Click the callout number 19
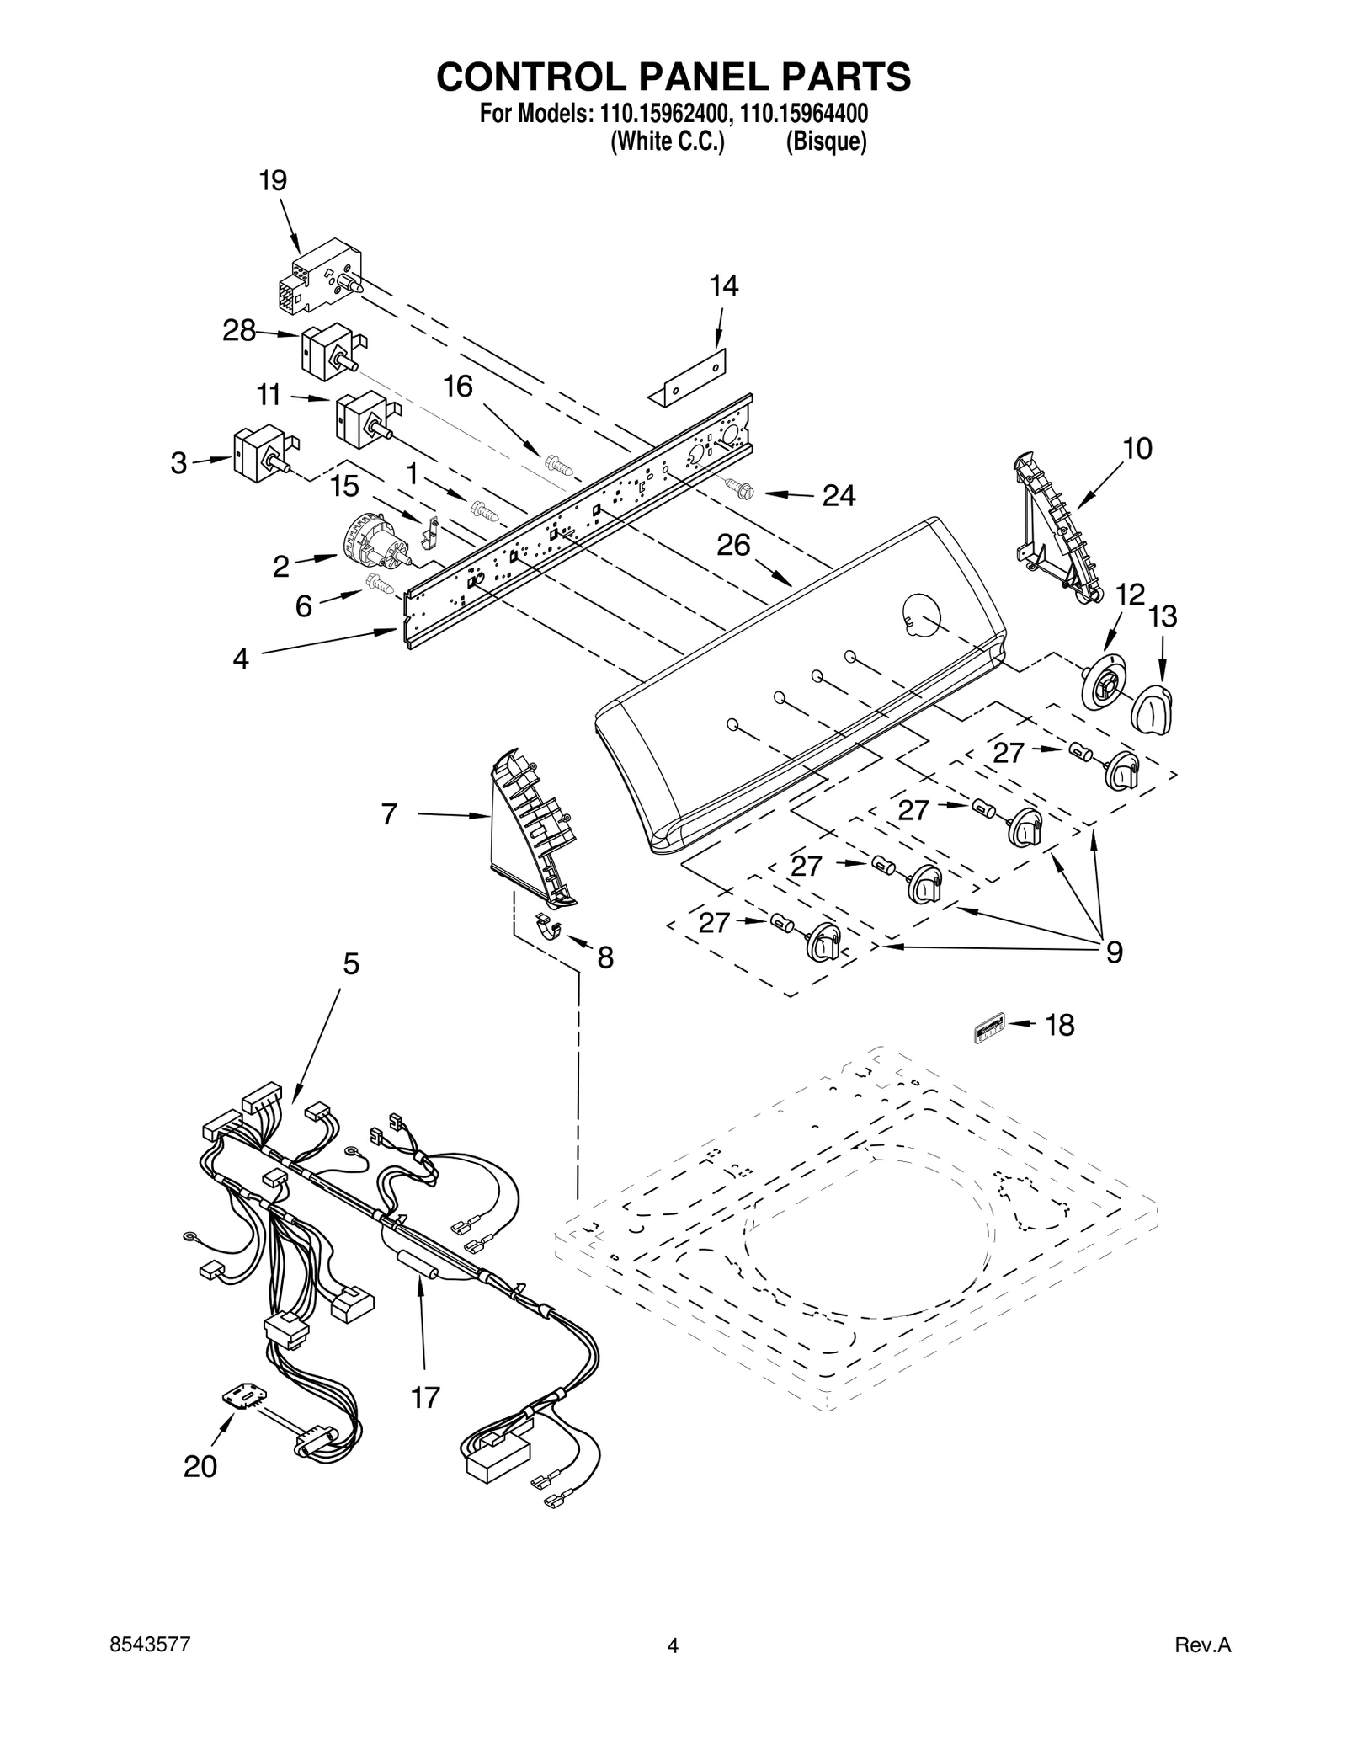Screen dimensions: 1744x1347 click(273, 180)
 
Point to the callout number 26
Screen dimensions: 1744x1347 click(732, 546)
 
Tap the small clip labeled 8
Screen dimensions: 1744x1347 click(549, 925)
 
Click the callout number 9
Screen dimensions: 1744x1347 click(1113, 952)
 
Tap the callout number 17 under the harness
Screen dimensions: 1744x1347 click(425, 1398)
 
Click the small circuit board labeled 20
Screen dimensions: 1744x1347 click(243, 1399)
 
